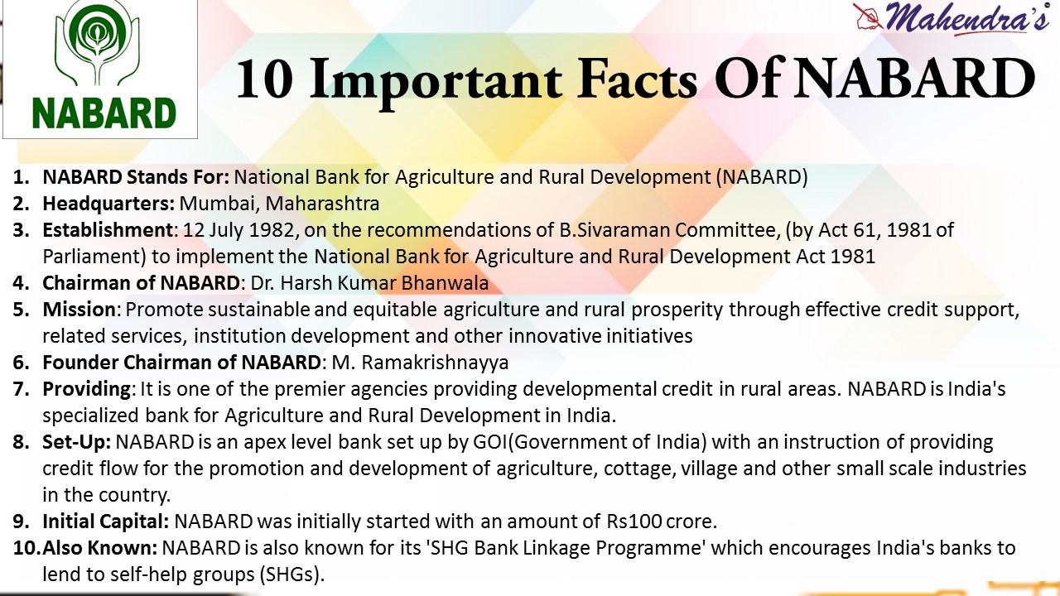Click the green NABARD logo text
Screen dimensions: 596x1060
[x=104, y=112]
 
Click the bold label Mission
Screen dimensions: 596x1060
[x=79, y=310]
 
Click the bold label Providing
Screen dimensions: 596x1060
[x=86, y=389]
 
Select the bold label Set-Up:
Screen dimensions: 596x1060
[x=77, y=442]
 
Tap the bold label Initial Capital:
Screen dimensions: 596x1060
[x=106, y=521]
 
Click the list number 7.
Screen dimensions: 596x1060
[x=21, y=389]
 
